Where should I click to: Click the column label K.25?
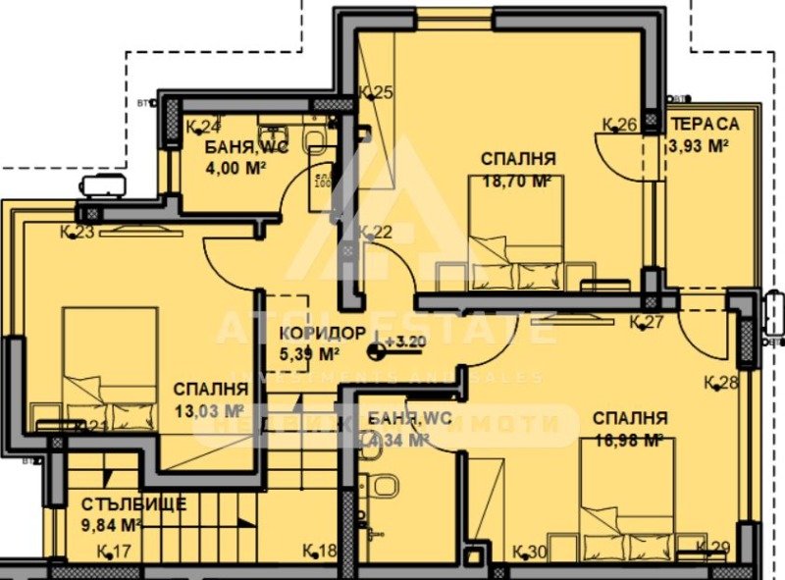[x=377, y=93]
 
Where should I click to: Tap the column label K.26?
[x=620, y=125]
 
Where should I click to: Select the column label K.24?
[x=203, y=127]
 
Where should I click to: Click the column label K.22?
[x=375, y=233]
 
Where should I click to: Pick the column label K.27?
[x=648, y=322]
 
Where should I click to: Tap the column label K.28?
[x=721, y=383]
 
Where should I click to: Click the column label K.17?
[x=115, y=551]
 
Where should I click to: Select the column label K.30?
[x=530, y=551]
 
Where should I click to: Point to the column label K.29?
[x=713, y=549]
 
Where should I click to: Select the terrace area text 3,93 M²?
[x=698, y=146]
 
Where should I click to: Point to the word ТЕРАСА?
[x=705, y=125]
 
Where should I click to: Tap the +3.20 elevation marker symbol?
[x=378, y=347]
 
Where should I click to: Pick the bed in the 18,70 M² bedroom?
[x=517, y=239]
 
